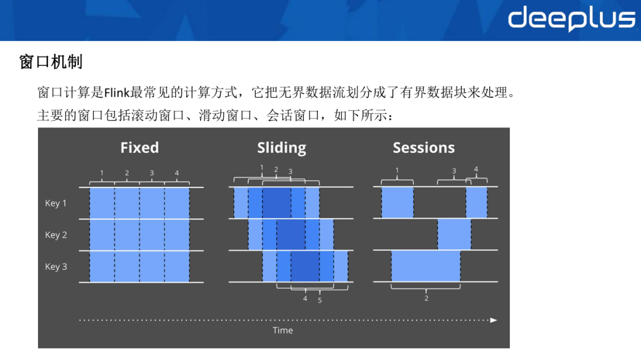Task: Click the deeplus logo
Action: tap(572, 18)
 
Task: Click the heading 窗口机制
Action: tap(51, 62)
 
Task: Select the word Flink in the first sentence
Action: tap(117, 93)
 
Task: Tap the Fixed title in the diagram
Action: tap(139, 148)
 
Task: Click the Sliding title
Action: tap(282, 148)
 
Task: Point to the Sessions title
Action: tap(424, 148)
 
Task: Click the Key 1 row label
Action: tap(56, 203)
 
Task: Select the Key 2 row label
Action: tap(56, 235)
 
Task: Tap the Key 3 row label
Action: tap(56, 267)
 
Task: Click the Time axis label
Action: tap(283, 330)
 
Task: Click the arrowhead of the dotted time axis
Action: tap(494, 320)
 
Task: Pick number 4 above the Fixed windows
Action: tap(177, 173)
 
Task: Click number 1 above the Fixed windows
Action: tap(102, 173)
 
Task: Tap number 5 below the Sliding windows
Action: tap(320, 300)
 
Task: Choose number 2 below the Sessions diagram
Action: tap(426, 298)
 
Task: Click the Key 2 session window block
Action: tap(454, 234)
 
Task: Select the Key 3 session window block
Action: tap(426, 266)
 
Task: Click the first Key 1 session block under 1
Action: tap(397, 202)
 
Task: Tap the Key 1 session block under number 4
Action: tap(477, 202)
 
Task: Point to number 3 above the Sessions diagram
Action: tap(454, 171)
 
